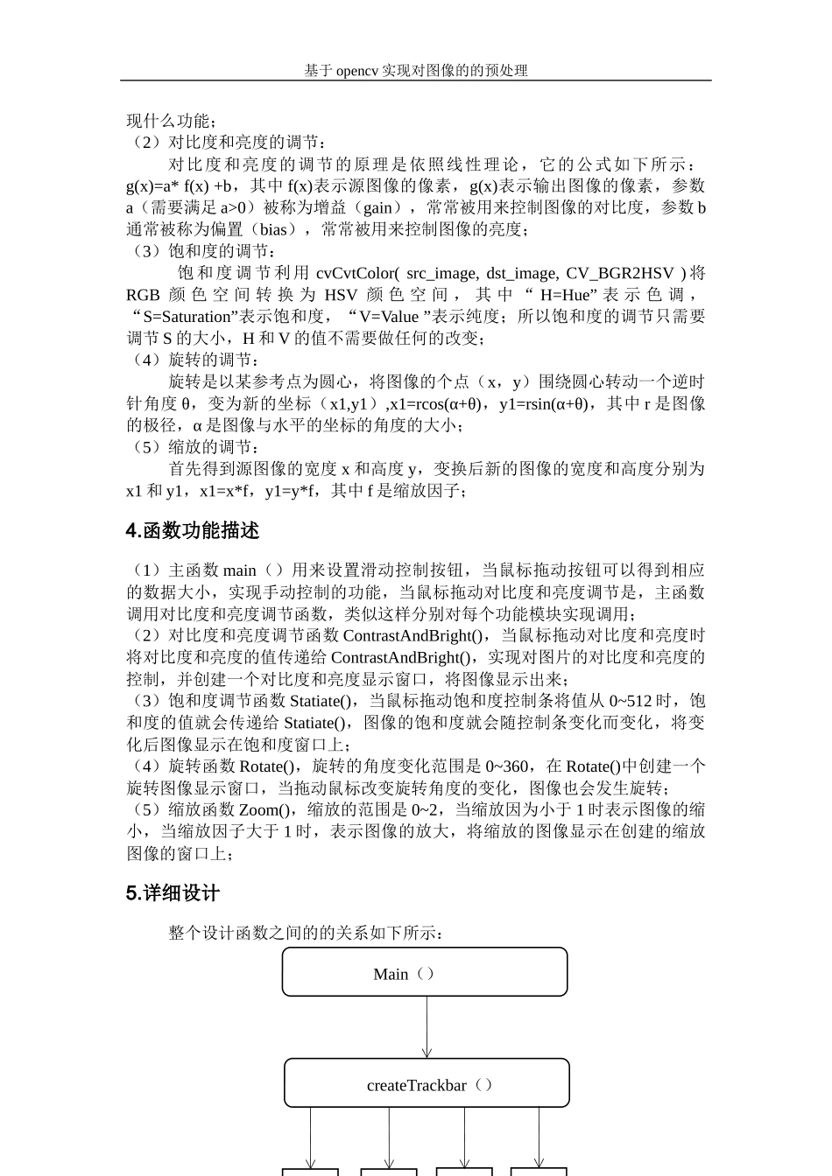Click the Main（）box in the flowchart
(425, 972)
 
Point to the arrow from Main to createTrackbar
(427, 1027)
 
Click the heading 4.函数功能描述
(193, 531)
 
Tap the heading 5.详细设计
(173, 893)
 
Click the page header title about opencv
(416, 71)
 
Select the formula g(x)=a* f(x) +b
(180, 185)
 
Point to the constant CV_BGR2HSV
(620, 273)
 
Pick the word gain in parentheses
(377, 207)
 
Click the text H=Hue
(566, 295)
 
